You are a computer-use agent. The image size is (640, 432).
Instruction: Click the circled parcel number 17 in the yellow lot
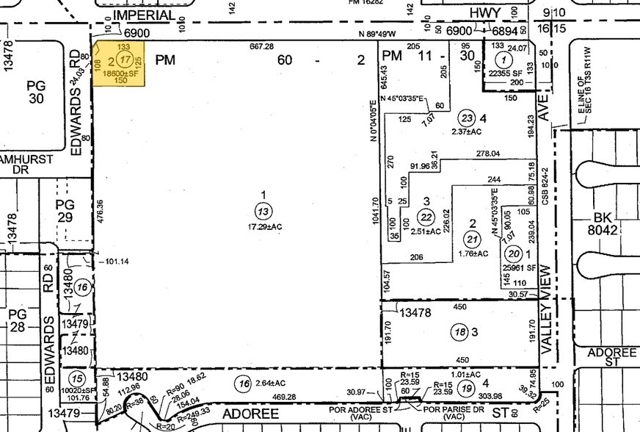(126, 60)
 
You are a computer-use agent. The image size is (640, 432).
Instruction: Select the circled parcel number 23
(466, 118)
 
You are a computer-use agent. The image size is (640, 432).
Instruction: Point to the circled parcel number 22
(426, 216)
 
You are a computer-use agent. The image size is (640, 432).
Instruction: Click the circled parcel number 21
(472, 238)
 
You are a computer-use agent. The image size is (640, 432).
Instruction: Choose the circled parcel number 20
(514, 253)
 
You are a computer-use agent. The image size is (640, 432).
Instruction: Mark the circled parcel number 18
(460, 332)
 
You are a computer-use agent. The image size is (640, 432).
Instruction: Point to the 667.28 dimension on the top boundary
(261, 46)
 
